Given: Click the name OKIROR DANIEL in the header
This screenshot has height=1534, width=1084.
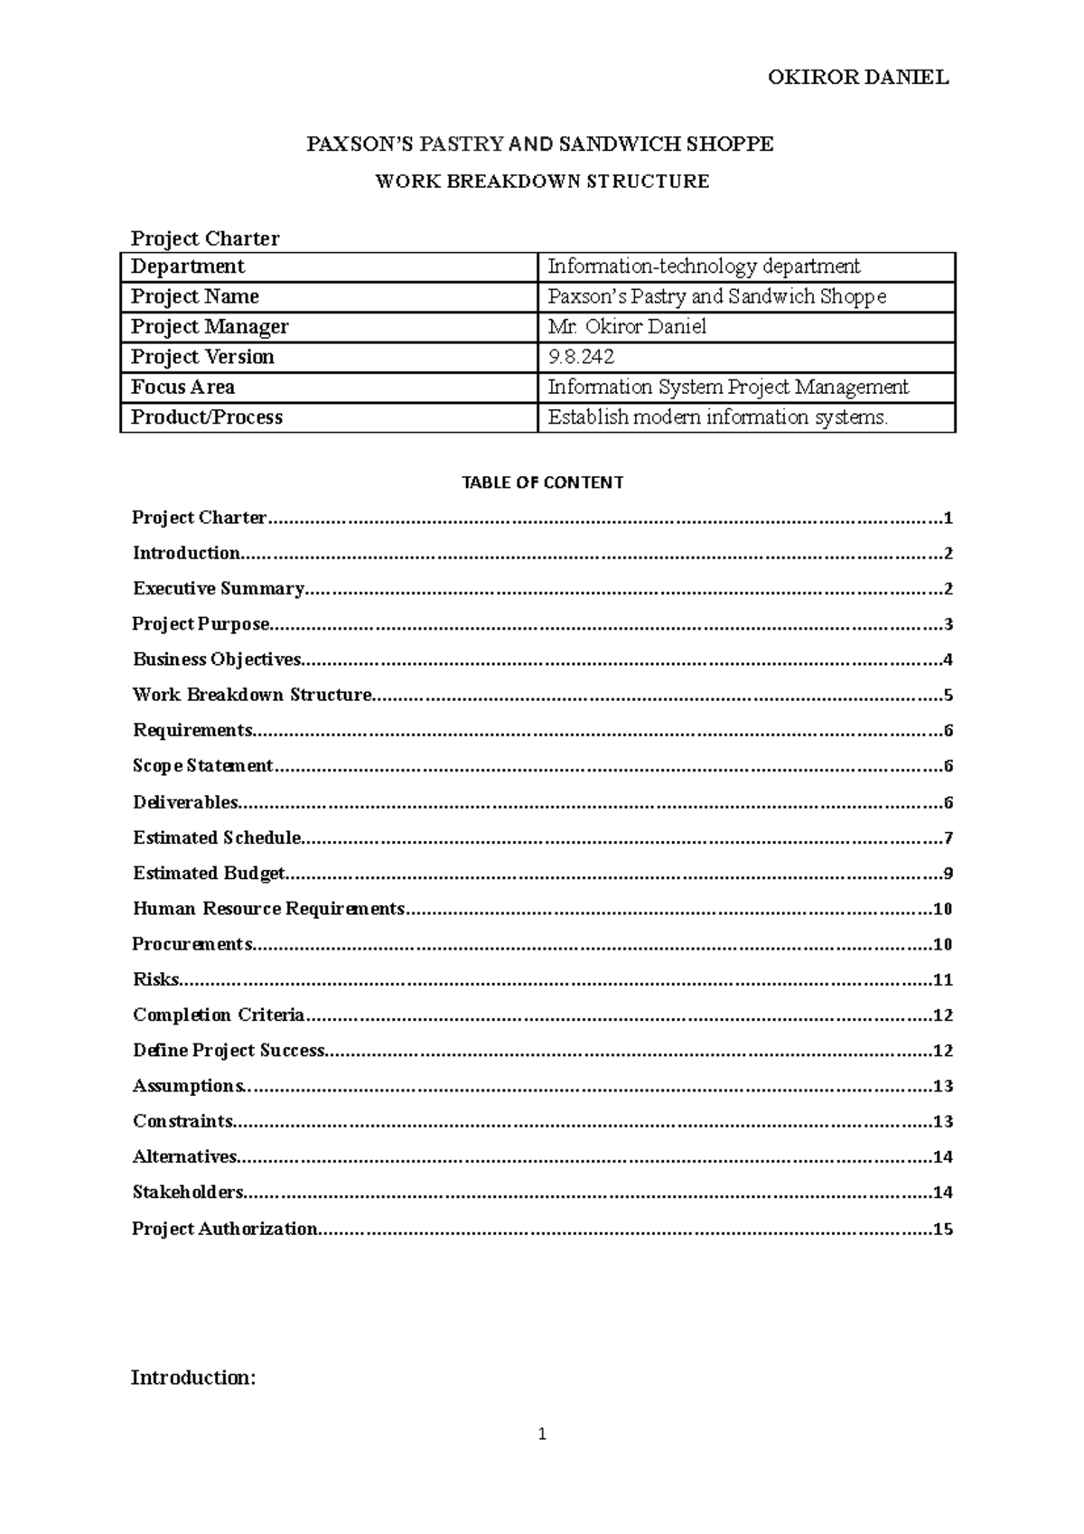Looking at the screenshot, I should click(857, 77).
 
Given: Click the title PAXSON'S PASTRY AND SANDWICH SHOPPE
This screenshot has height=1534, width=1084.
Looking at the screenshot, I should click(540, 144).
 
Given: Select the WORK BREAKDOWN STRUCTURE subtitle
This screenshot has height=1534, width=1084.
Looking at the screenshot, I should click(542, 182).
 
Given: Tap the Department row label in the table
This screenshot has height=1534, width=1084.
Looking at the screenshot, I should click(188, 267).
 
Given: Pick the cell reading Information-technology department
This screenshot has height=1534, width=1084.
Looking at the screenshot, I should click(704, 267).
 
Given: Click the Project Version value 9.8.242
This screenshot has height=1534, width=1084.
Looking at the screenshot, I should click(581, 357).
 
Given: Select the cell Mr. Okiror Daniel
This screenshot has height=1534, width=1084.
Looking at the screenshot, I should click(627, 327).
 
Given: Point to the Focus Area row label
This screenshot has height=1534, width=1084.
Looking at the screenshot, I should click(182, 388).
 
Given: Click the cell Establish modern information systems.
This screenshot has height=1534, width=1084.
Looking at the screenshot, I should click(718, 417).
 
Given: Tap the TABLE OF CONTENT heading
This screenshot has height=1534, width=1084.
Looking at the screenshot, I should click(542, 482).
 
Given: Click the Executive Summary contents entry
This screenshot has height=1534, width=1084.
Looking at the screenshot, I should click(218, 589).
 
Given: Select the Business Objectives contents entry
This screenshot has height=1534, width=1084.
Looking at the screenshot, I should click(217, 659).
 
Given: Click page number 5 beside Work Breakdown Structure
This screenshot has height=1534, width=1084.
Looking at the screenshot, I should click(948, 696).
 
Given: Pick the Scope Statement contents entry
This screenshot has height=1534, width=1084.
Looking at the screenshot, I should click(202, 766).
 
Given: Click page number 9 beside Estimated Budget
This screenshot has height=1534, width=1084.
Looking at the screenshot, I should click(948, 874).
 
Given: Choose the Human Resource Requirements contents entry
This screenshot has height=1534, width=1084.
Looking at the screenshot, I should click(268, 909).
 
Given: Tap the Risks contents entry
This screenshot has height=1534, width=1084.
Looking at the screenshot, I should click(155, 979).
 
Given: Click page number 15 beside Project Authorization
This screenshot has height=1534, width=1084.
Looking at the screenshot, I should click(943, 1229).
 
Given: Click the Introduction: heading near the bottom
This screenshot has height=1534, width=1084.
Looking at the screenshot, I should click(193, 1378).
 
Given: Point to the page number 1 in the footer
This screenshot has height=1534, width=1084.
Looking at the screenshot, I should click(542, 1434).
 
